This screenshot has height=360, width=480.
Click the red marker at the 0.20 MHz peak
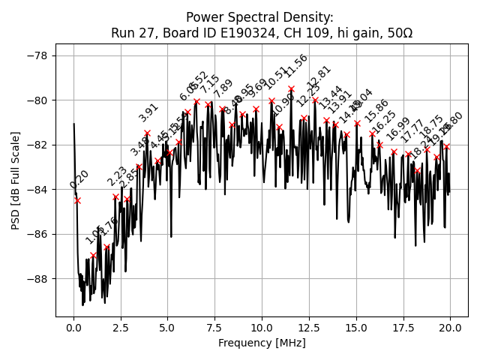[77, 200]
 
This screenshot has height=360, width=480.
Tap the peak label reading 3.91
[148, 112]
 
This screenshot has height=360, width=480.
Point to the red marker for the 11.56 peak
[291, 88]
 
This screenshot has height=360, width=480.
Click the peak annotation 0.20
[79, 179]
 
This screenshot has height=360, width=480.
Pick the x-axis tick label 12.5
[309, 328]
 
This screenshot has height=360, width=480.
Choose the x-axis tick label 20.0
[450, 328]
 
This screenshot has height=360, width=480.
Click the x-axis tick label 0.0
[73, 328]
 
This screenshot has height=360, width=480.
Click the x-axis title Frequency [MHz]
[262, 343]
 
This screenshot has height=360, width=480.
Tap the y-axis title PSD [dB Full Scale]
[16, 180]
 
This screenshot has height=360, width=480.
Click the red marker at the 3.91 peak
[147, 133]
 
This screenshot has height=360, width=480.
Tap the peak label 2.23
[117, 177]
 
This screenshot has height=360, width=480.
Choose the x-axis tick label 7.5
[214, 328]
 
